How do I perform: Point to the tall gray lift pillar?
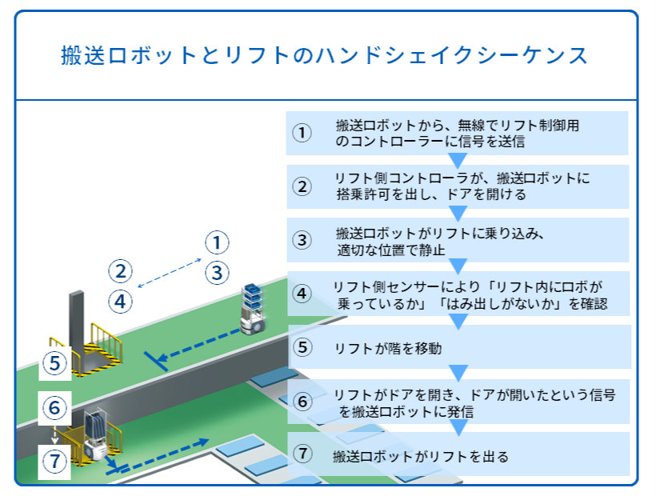point(76,320)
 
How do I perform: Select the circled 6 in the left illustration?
point(54,408)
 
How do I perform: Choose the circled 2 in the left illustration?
point(120,270)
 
